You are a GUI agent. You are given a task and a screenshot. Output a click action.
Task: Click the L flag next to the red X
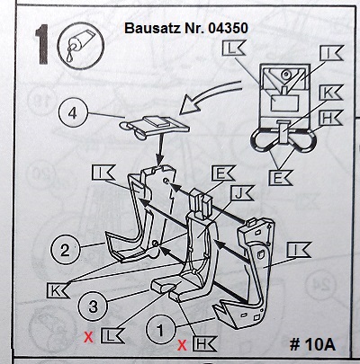(x=112, y=335)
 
